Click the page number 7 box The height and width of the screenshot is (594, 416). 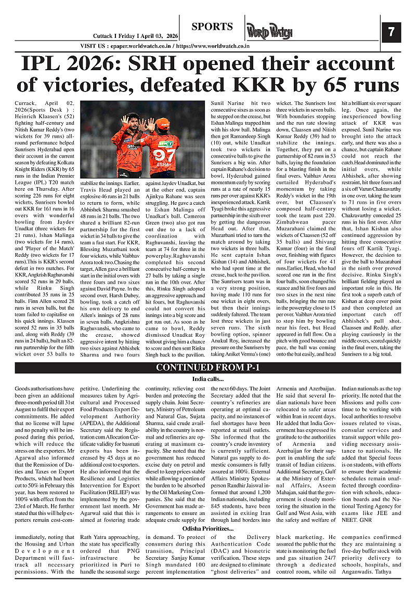click(x=391, y=32)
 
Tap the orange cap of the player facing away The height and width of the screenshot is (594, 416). click(x=163, y=123)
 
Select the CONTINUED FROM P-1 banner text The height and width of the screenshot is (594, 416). click(x=208, y=368)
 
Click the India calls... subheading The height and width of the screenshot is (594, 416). click(x=207, y=379)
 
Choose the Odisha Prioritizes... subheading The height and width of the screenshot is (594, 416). click(x=207, y=529)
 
